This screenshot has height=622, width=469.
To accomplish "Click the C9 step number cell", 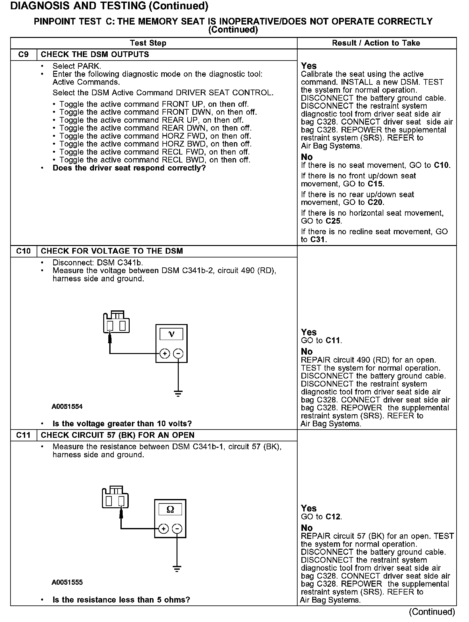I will [x=24, y=54].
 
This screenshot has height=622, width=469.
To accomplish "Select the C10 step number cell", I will [x=24, y=251].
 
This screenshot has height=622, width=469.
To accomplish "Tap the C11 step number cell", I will [x=24, y=435].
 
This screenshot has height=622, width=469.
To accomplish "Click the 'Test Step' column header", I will [x=148, y=43].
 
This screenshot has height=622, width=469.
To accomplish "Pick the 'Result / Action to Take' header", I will [x=376, y=43].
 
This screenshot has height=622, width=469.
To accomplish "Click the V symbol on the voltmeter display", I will [x=171, y=334].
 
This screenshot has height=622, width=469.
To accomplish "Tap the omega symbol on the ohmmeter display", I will [x=170, y=509].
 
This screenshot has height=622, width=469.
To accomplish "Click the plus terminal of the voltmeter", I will [x=164, y=354].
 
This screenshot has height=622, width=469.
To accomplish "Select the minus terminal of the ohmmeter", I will [x=177, y=529].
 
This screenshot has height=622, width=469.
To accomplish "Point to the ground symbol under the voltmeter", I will [x=178, y=393].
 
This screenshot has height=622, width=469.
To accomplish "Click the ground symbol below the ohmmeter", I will [x=177, y=569].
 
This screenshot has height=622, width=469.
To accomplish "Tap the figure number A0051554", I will [x=67, y=407].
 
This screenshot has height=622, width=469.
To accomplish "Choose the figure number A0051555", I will [x=67, y=582].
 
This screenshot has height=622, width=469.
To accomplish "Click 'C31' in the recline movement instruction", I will [x=318, y=240].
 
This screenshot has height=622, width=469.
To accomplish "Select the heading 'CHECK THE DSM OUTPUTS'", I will [x=95, y=54].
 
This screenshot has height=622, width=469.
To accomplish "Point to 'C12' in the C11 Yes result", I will [x=333, y=517].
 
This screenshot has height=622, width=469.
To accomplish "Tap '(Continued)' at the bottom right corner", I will [x=432, y=611].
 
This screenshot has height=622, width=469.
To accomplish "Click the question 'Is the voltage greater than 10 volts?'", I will [x=122, y=424].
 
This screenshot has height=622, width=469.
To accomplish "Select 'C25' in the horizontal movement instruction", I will [x=333, y=221].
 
